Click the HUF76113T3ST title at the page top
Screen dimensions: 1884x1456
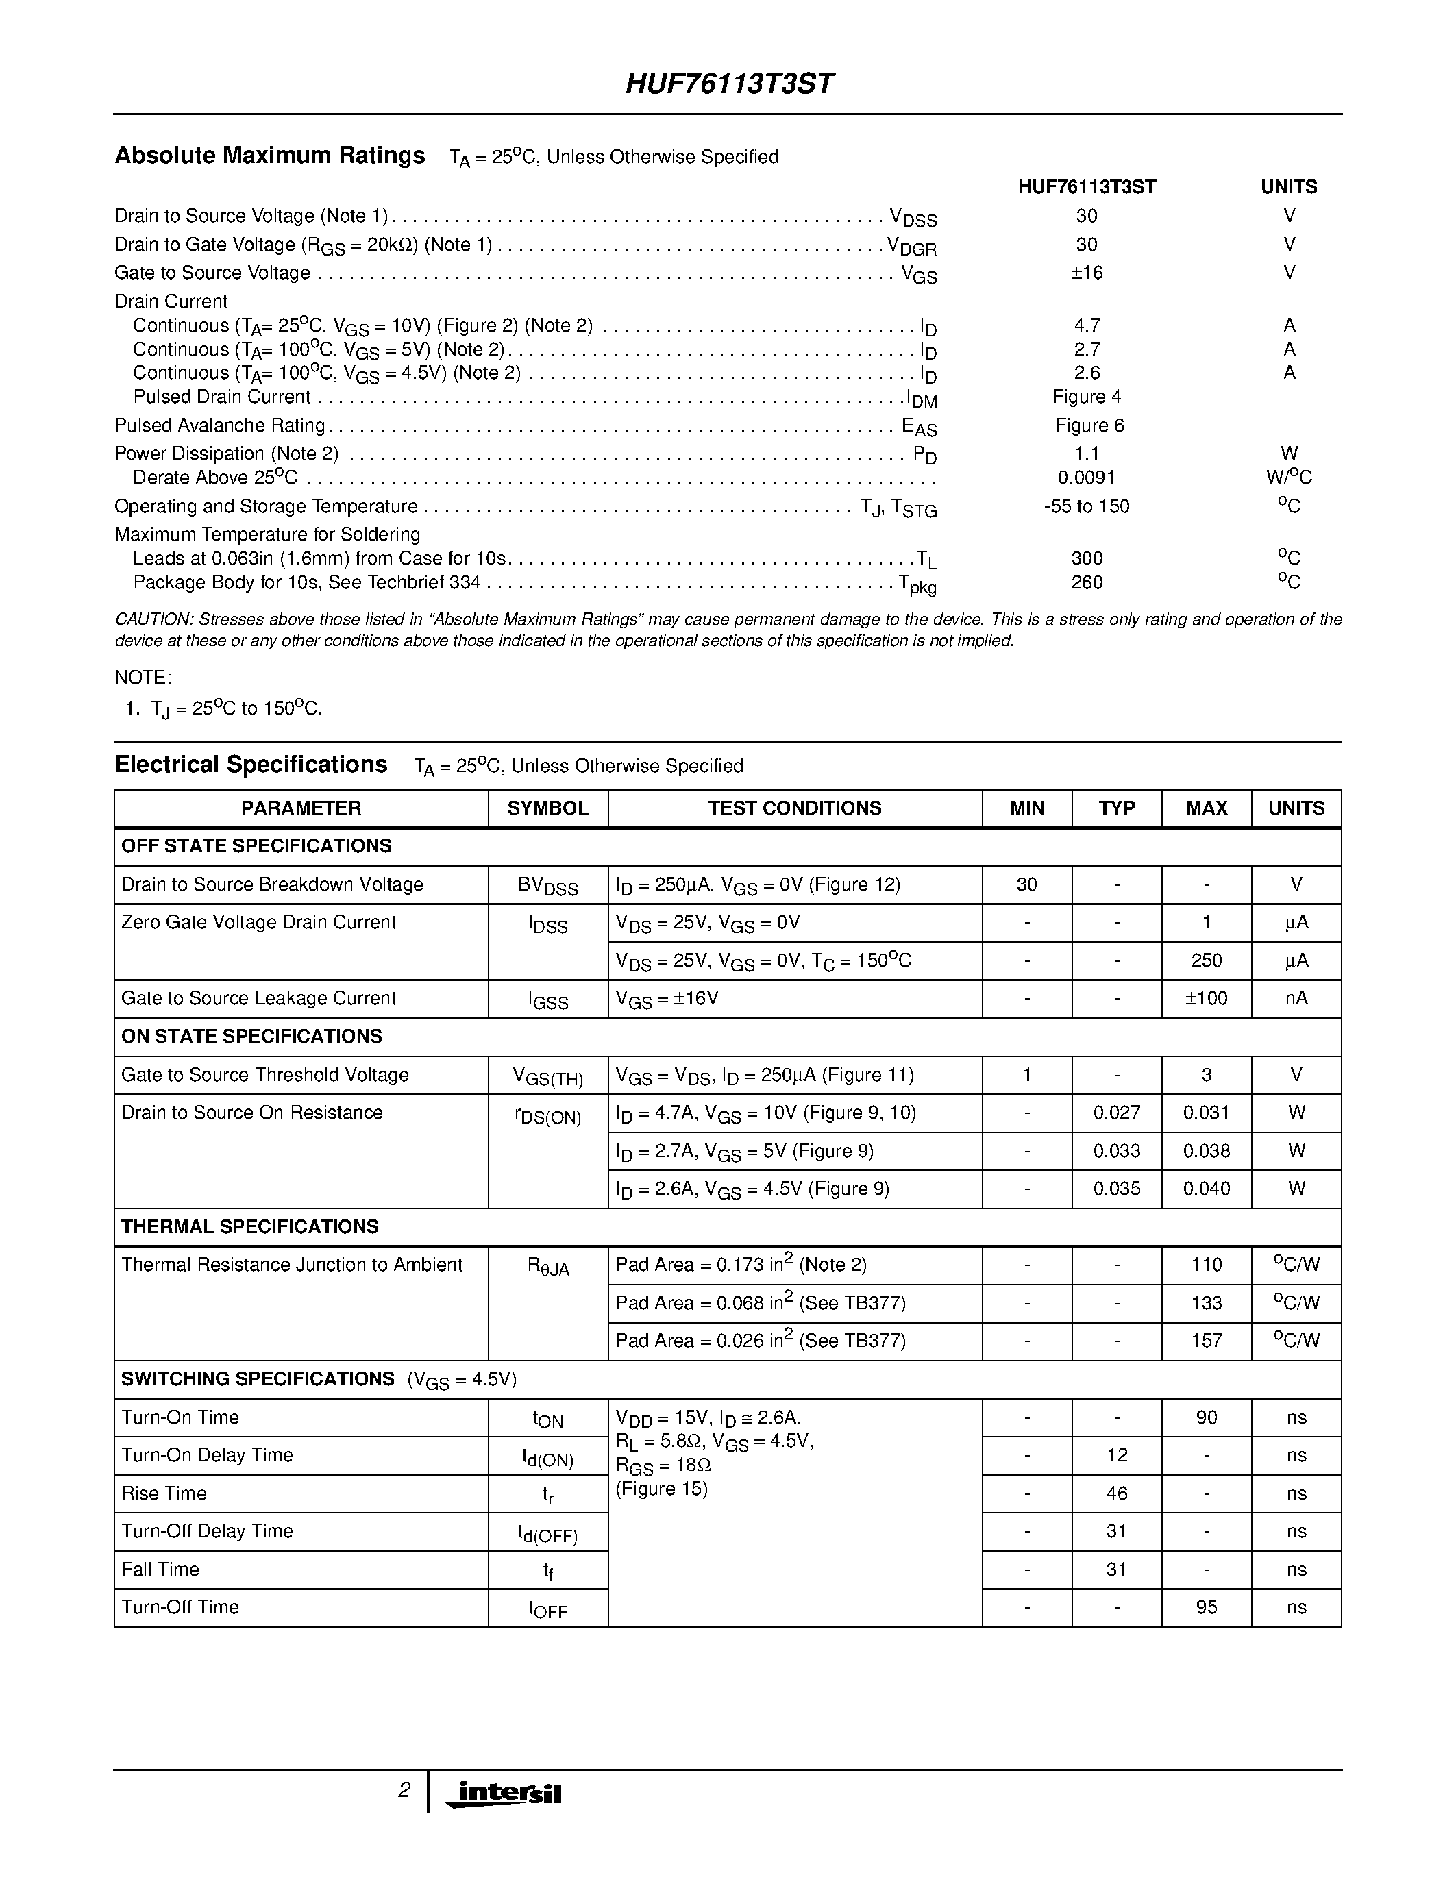coord(729,84)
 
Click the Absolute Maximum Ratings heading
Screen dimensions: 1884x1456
coord(269,156)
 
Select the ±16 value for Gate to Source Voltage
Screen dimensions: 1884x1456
coord(1086,273)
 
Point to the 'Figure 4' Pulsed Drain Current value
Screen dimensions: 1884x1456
coord(1086,397)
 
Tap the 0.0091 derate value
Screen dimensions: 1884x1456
coord(1086,478)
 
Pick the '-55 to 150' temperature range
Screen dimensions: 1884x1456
coord(1086,506)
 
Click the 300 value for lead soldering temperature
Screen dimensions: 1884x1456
coord(1086,559)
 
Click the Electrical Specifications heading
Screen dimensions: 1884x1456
coord(251,765)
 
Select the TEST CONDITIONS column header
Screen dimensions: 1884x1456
coord(794,808)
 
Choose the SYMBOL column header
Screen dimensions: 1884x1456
coord(547,808)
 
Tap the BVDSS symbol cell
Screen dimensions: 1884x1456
coord(547,886)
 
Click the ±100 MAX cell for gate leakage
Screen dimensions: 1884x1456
coord(1206,999)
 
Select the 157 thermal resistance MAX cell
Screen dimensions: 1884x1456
coord(1206,1341)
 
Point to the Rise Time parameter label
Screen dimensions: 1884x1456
coord(164,1493)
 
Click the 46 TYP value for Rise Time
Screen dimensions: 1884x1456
coord(1116,1493)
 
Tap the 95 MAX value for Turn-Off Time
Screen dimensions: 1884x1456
coord(1206,1607)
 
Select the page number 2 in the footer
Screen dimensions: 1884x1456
coord(404,1791)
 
